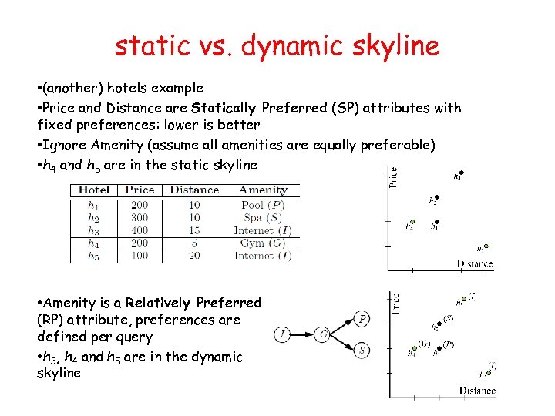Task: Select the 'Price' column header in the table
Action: [x=140, y=190]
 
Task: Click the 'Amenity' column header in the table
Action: [x=263, y=190]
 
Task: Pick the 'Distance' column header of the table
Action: [x=194, y=190]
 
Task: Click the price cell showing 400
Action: [x=140, y=230]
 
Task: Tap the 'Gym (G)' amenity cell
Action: [x=263, y=243]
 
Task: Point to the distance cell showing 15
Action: [x=193, y=230]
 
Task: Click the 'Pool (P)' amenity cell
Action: [x=263, y=205]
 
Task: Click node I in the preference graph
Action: [x=282, y=334]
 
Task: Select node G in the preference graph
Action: [x=323, y=334]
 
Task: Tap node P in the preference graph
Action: [x=362, y=318]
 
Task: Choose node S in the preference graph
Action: [x=362, y=351]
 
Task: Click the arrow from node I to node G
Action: [x=302, y=334]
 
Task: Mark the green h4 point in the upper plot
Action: [x=412, y=222]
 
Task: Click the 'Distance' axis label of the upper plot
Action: [x=474, y=263]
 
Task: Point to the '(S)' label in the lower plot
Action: [x=448, y=318]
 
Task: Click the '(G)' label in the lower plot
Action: [x=424, y=344]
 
